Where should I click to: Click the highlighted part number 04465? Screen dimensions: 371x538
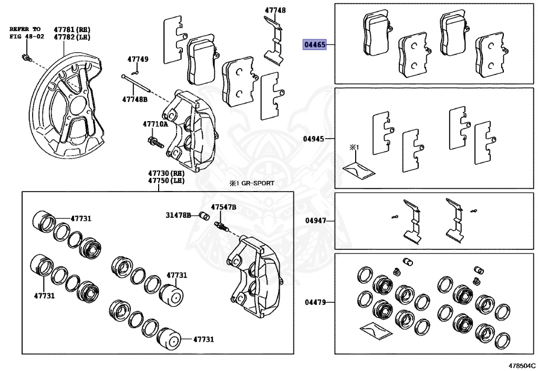pyautogui.click(x=314, y=45)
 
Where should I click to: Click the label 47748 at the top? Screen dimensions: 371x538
pyautogui.click(x=275, y=10)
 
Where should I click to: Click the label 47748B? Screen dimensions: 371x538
pyautogui.click(x=135, y=99)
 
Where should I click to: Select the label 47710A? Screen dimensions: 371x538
pyautogui.click(x=156, y=124)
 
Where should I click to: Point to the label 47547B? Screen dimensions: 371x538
pyautogui.click(x=224, y=207)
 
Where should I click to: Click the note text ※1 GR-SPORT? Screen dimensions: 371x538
pyautogui.click(x=252, y=184)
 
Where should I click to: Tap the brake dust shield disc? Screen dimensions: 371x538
pyautogui.click(x=66, y=105)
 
